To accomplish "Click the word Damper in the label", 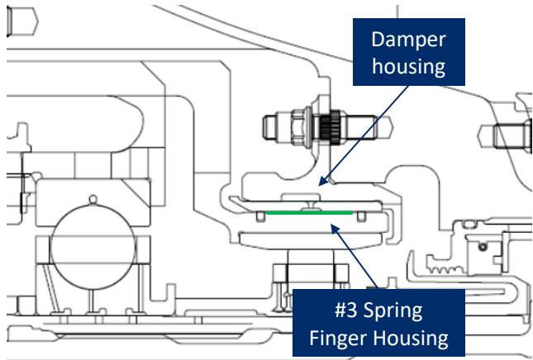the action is pos(408,40).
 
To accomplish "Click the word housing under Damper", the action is pos(408,66).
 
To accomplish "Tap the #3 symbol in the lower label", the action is pos(346,310).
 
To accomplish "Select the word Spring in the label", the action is pos(393,311).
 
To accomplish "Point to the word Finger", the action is pos(339,339).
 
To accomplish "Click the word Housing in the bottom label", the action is pos(411,339).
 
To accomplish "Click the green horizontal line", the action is pos(309,213).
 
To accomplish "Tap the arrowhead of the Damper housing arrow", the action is pos(323,182).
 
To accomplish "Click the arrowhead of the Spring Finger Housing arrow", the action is pos(336,229).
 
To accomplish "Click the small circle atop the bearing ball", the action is pos(93,199).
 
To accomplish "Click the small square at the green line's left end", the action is pos(261,216).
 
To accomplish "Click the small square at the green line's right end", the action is pos(361,216).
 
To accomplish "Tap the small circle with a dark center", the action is pos(483,247).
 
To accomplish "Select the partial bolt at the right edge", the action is pos(506,136).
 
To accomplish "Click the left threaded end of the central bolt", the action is pos(271,128).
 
